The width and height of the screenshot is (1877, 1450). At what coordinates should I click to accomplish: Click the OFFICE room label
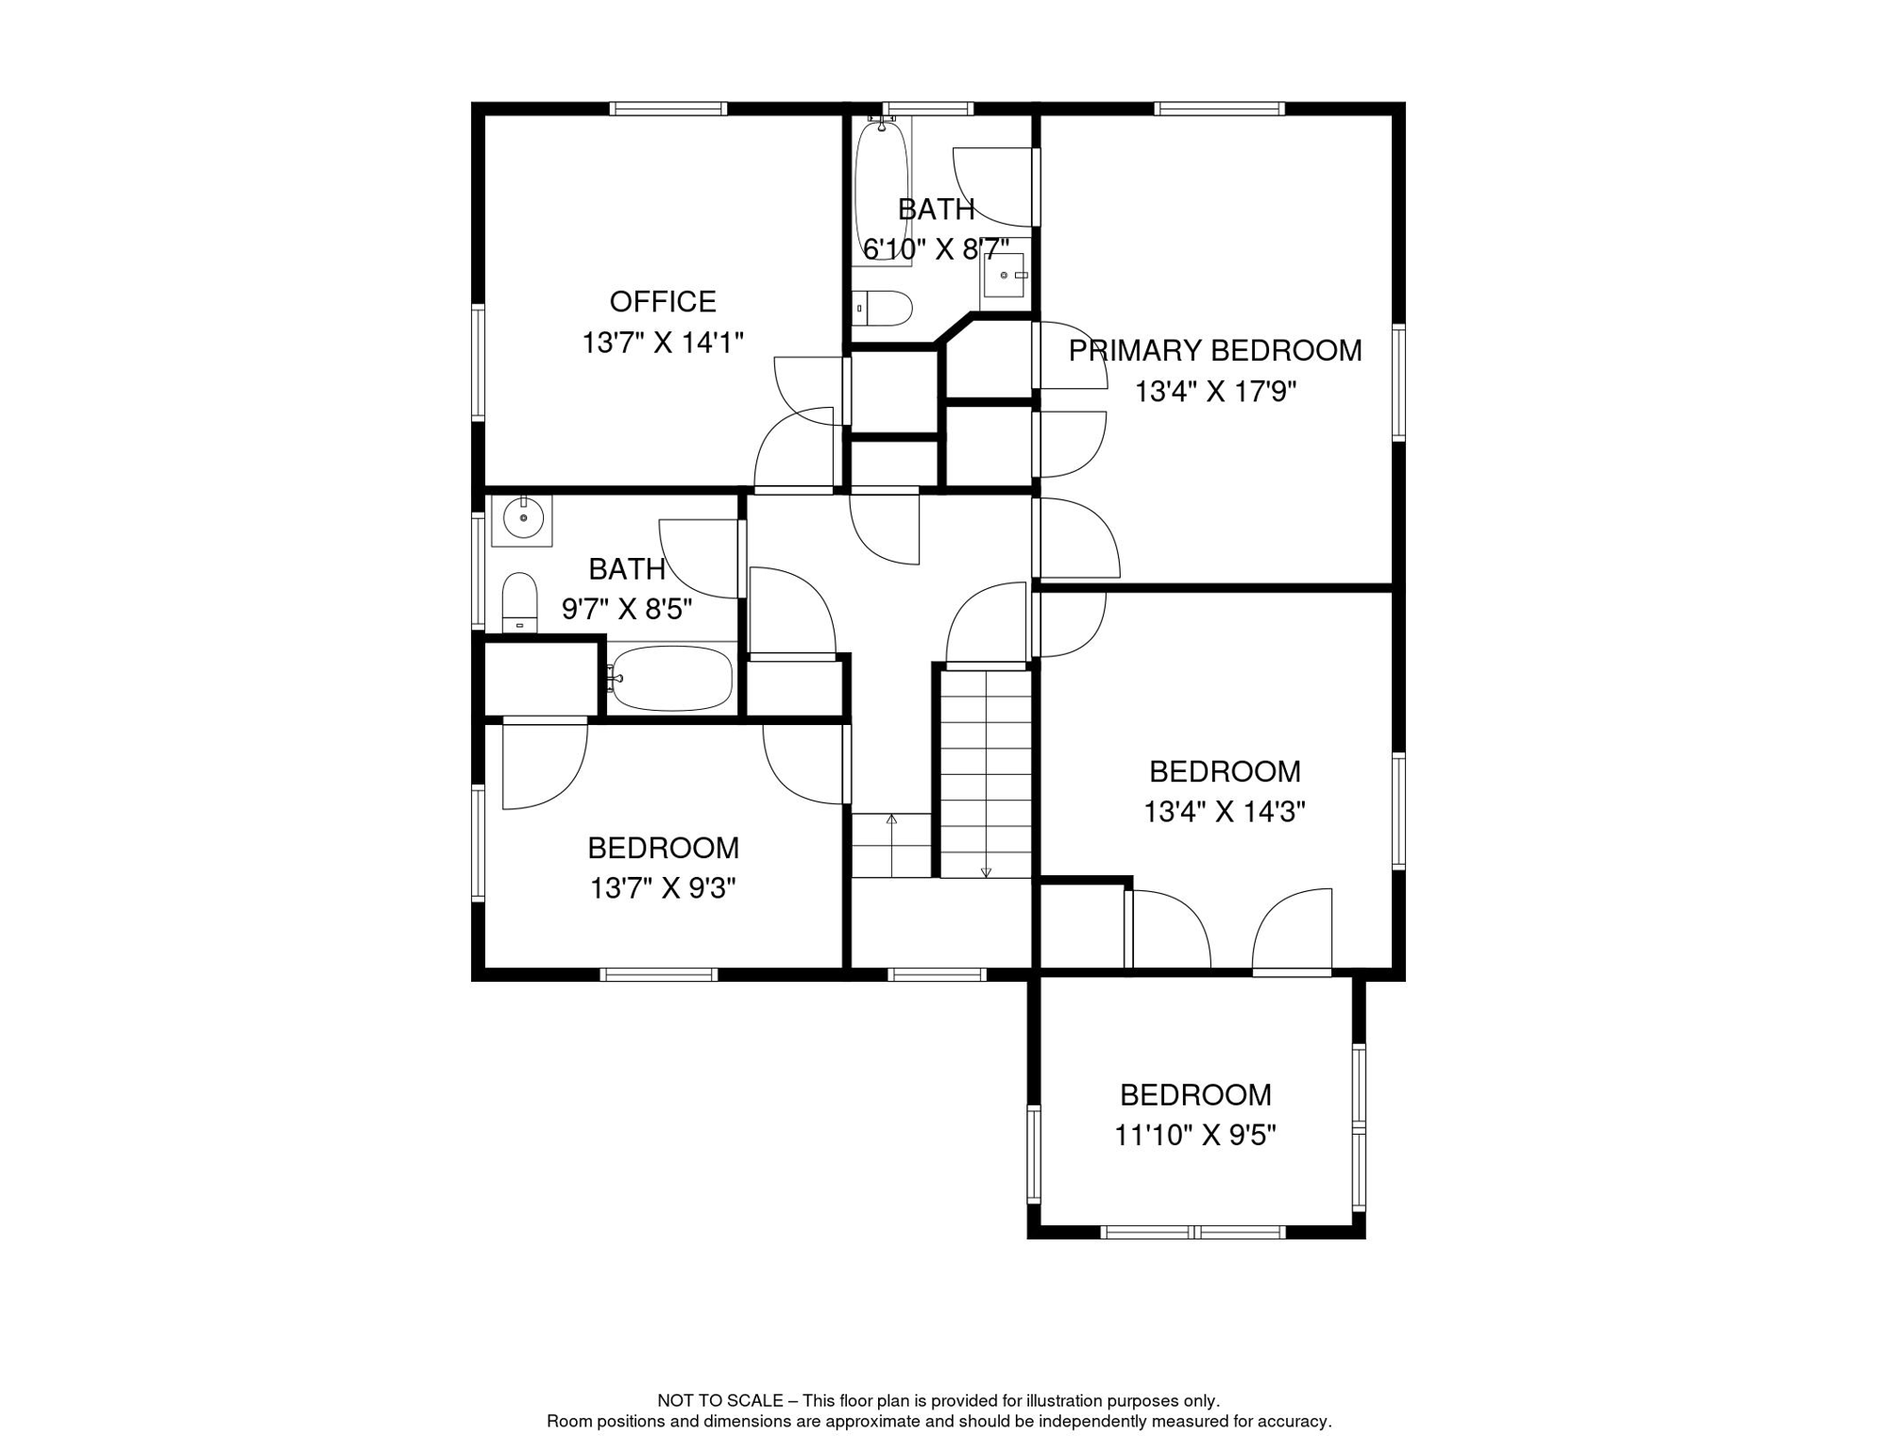click(x=663, y=302)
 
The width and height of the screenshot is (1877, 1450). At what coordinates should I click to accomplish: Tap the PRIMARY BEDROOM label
click(x=1215, y=351)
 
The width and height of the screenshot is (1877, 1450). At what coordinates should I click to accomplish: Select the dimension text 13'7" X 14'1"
click(x=663, y=343)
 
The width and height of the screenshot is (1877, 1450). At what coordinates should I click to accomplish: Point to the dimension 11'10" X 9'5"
click(x=1195, y=1135)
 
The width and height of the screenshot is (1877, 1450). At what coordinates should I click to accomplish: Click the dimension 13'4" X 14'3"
click(x=1225, y=812)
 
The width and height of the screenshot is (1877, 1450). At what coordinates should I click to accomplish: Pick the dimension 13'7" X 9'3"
click(x=663, y=888)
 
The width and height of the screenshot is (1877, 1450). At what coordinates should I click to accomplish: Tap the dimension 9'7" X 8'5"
click(x=627, y=610)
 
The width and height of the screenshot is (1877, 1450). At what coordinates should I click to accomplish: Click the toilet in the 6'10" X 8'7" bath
click(x=883, y=308)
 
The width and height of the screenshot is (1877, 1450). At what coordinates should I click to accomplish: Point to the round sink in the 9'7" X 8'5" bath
click(x=522, y=518)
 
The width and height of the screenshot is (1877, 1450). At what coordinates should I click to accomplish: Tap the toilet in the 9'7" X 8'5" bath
click(x=519, y=602)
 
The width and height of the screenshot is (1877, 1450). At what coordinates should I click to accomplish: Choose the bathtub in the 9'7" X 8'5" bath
click(x=671, y=678)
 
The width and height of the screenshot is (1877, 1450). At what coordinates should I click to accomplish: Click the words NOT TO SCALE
click(x=720, y=1401)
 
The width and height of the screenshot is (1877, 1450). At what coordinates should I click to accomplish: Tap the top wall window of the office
click(x=668, y=109)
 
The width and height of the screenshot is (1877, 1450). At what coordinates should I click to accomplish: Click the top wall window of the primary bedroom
click(x=1219, y=109)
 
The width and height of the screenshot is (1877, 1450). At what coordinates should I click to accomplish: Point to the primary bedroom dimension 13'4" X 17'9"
click(x=1215, y=392)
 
